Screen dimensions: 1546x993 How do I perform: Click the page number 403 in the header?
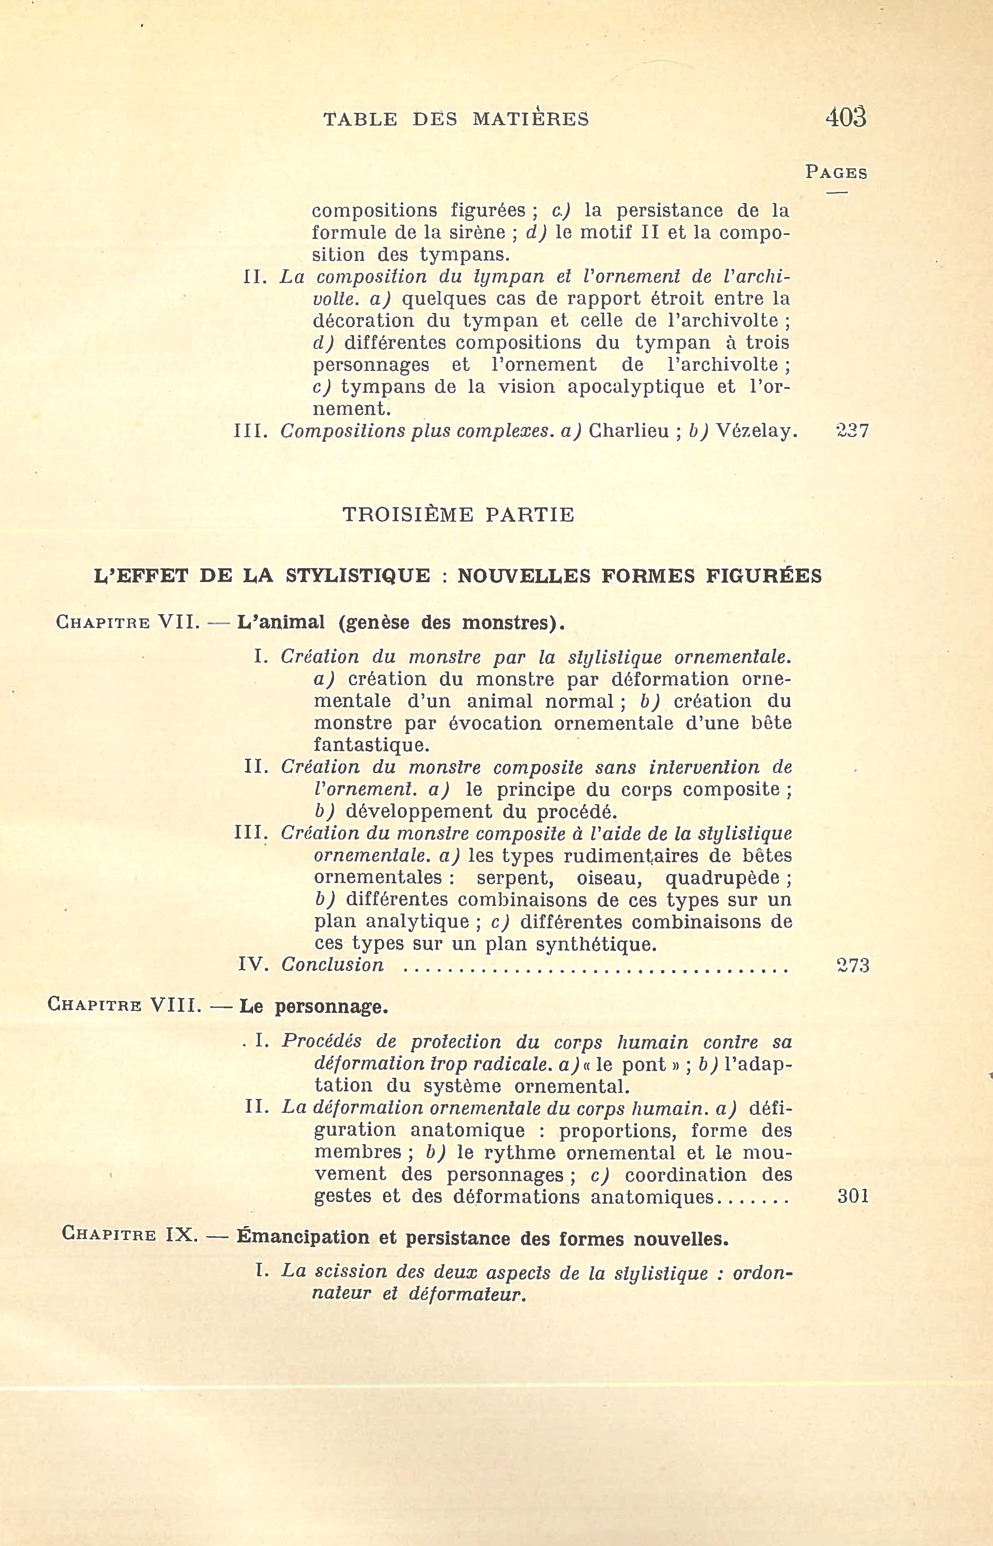(x=845, y=117)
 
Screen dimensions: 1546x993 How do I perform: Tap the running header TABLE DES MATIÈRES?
(x=456, y=119)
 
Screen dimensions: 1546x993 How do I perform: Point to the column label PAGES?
(x=836, y=173)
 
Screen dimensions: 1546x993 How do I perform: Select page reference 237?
(x=852, y=431)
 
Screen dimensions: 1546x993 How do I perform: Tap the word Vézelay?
(x=754, y=431)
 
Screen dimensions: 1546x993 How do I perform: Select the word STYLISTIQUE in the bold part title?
(x=357, y=576)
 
